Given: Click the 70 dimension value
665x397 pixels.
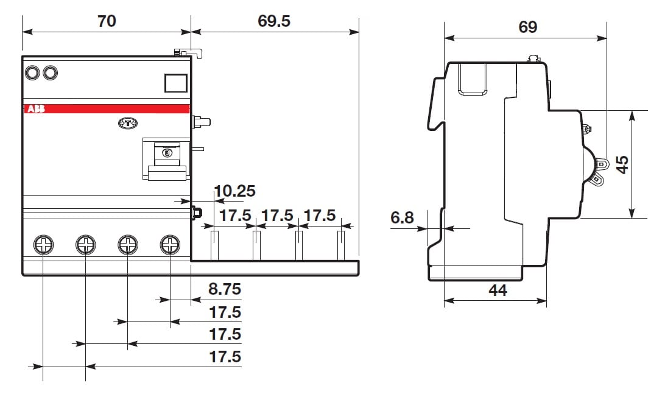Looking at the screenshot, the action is point(107,21).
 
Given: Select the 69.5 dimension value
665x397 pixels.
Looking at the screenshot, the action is point(274,21).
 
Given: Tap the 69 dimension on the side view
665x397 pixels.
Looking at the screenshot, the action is point(527,27).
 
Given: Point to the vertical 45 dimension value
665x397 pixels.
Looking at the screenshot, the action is point(622,164).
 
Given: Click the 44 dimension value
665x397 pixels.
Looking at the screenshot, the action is point(498,290).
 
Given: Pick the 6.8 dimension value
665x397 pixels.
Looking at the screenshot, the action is point(402,217).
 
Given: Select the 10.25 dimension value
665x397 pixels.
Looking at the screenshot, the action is point(235,191).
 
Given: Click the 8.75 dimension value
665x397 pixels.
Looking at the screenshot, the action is point(225,289).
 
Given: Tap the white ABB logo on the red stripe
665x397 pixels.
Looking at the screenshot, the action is point(36,109).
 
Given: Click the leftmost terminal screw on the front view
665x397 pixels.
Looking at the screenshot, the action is point(43,245).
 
